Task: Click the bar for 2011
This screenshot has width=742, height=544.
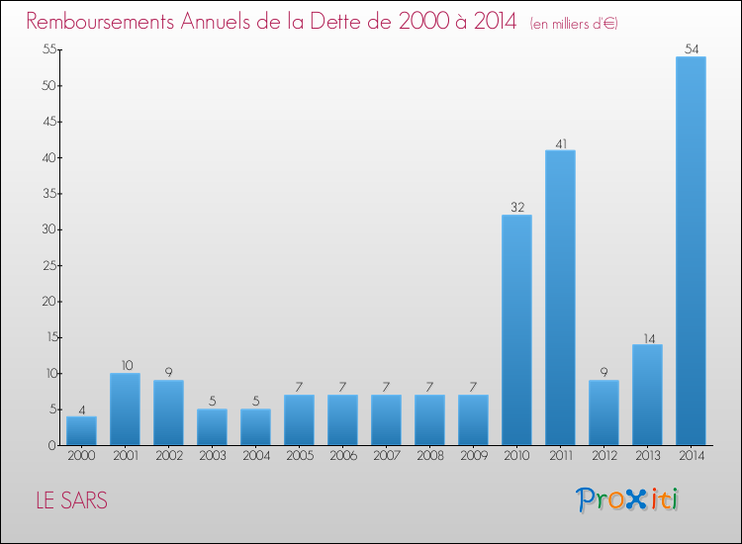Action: tap(560, 297)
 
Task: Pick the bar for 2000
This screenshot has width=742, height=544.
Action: tap(81, 430)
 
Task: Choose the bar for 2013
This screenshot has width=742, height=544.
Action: tap(647, 395)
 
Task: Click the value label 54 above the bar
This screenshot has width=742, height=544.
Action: tap(691, 48)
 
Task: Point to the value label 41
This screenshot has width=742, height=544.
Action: tap(560, 142)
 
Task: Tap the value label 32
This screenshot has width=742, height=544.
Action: tap(516, 208)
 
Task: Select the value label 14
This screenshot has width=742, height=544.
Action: tap(647, 337)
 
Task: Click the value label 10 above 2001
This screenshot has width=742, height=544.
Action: tap(125, 366)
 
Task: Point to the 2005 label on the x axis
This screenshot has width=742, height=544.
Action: tap(299, 457)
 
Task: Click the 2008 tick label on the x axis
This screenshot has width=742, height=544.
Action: tap(429, 457)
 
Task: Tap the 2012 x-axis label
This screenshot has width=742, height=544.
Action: tap(603, 457)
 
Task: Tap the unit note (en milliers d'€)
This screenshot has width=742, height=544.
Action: tap(573, 23)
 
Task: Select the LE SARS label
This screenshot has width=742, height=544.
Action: tap(71, 500)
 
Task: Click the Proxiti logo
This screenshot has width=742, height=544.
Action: tap(627, 499)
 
